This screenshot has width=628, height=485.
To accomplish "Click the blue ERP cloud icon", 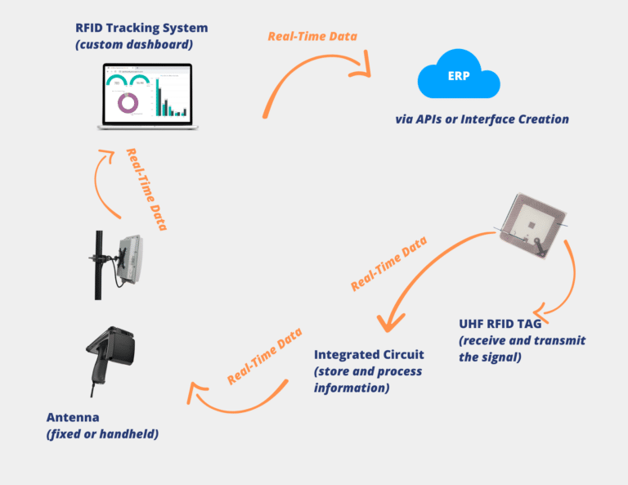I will tap(458, 79).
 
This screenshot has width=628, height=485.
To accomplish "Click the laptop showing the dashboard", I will tap(146, 97).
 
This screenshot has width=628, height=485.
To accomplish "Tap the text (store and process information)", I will tap(368, 379).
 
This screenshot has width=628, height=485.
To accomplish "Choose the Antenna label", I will tap(71, 417).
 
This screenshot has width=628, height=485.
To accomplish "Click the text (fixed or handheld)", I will tap(102, 433).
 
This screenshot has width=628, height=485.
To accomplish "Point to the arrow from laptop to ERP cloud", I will tap(315, 78).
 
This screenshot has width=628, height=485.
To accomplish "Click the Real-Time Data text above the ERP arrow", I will tap(312, 37).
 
